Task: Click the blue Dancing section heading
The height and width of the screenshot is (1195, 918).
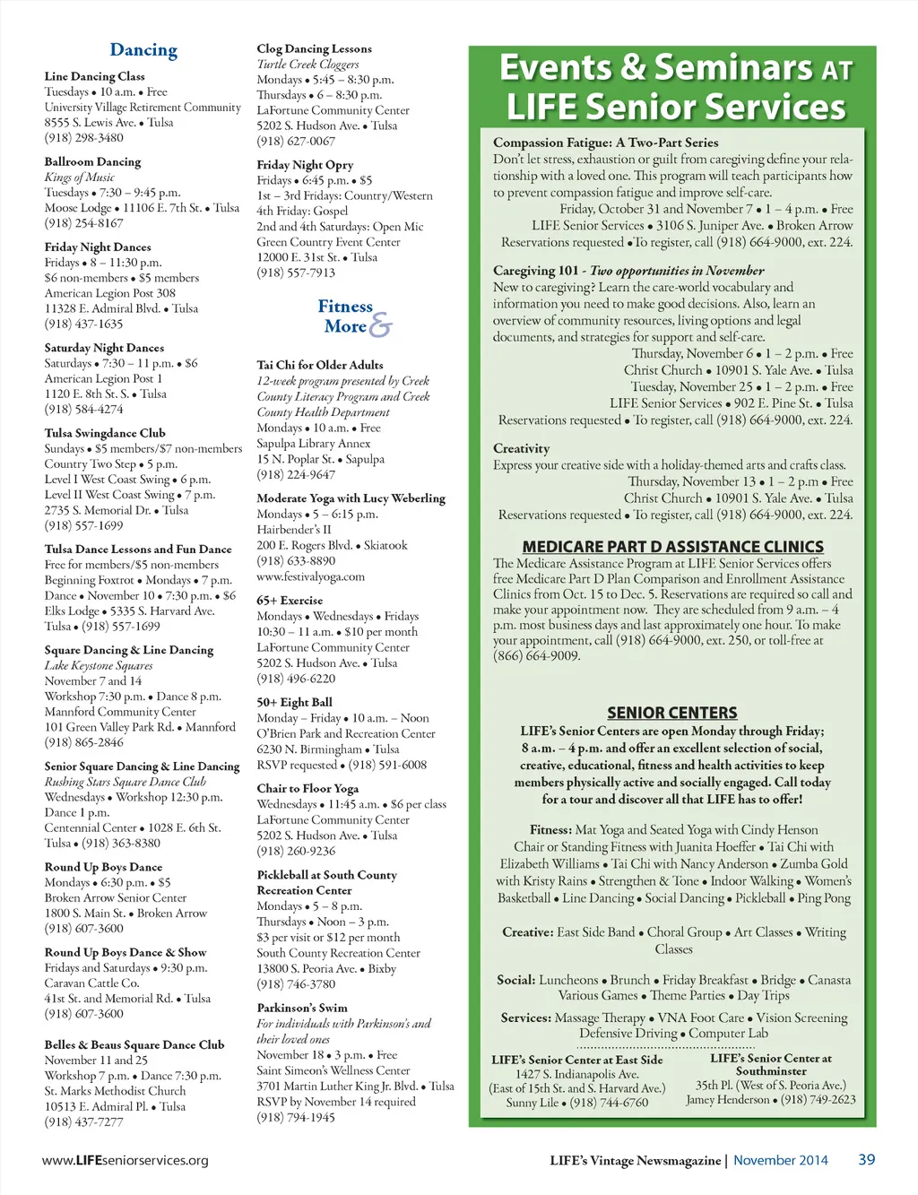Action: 143,50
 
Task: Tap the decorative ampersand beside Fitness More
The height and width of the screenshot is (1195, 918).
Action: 380,325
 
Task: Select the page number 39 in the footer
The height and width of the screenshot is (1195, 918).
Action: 866,1159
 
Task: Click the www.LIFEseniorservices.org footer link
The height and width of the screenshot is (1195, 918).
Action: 126,1160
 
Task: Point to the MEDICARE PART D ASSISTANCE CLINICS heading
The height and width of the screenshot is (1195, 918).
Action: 672,546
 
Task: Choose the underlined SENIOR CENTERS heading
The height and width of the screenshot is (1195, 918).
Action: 672,713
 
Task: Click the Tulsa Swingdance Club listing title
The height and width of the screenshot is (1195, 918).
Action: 105,433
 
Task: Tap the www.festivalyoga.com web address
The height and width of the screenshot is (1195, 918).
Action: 310,576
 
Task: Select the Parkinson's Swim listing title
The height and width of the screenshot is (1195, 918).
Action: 302,1008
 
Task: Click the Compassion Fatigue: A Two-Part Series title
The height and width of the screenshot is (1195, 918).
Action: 605,143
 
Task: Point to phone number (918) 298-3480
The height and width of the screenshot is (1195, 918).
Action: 84,138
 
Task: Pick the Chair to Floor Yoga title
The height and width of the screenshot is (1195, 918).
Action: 307,789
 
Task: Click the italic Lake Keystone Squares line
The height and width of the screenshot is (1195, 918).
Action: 99,665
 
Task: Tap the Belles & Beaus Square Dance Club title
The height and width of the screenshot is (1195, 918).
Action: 134,1044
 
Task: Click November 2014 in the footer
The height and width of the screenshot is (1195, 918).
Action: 780,1160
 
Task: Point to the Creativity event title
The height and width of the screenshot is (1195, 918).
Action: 521,448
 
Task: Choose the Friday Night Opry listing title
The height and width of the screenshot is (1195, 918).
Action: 305,165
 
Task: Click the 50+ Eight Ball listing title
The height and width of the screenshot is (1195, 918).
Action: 294,703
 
